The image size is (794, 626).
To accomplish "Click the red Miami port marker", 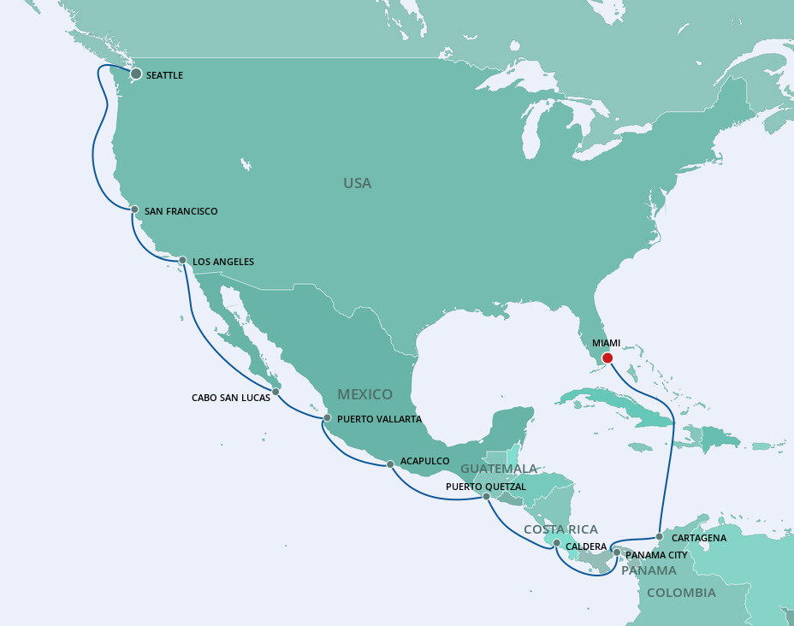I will pos(607,358).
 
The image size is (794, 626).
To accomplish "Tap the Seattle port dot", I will pos(135,74).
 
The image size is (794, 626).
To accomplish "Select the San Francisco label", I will pos(181,211).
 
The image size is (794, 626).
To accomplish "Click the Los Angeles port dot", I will pos(182,260).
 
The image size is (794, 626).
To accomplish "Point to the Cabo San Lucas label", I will pos(231,397).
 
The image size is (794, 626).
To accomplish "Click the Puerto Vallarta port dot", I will pos(327,418).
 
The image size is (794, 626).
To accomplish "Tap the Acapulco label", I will pos(424,461).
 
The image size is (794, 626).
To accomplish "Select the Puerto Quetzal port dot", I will pos(486,496).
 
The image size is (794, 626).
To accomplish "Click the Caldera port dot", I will pos(557,543).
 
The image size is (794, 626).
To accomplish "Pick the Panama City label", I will pos(656,555).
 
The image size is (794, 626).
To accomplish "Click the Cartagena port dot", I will pos(659,537).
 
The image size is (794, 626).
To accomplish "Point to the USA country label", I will pos(357,183).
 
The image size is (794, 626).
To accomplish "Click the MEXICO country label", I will pos(364,394).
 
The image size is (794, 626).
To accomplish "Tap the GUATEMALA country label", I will pos(499,469).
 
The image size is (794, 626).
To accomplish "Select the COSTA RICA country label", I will pos(560,529).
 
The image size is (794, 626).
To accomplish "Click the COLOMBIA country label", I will pos(681,593).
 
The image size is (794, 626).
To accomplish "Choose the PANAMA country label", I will pos(649,570).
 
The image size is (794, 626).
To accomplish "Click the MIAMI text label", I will pos(606,343).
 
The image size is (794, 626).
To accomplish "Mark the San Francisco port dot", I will pos(134,210).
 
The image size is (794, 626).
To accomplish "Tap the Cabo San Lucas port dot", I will pos(275,393).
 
